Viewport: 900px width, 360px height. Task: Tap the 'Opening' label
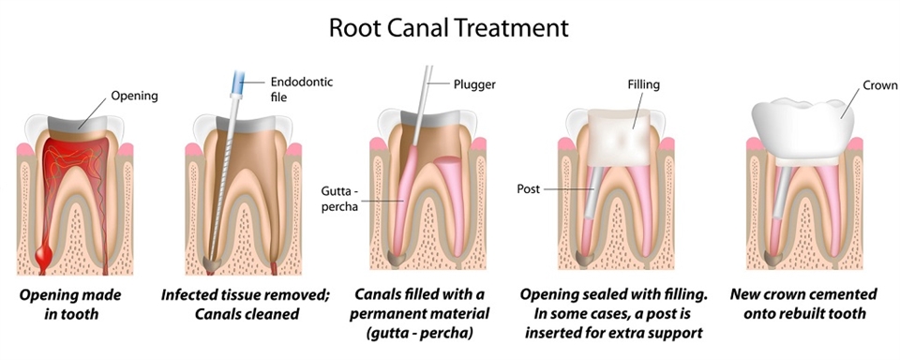134,96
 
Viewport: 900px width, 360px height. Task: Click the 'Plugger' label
473,84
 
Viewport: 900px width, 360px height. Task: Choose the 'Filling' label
643,84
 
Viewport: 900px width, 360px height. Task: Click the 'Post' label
528,188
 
